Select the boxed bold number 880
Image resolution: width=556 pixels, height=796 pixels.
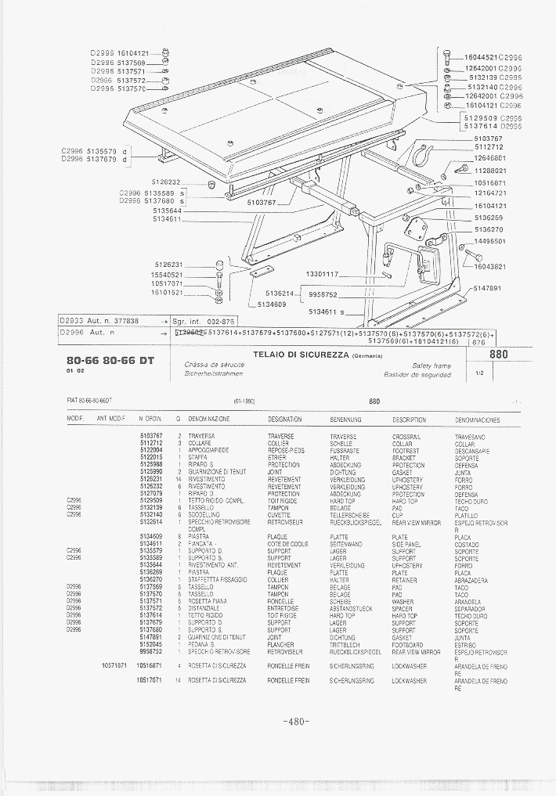click(498, 355)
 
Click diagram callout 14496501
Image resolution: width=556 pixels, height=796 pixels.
click(490, 242)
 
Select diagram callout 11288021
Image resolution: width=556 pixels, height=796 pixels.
click(490, 170)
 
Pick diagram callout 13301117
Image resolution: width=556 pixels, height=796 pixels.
click(321, 274)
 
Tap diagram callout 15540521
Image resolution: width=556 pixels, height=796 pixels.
click(167, 275)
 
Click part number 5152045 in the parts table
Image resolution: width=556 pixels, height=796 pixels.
click(150, 644)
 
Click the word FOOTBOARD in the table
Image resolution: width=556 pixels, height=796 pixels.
click(408, 644)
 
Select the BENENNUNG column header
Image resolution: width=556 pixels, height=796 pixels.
click(343, 420)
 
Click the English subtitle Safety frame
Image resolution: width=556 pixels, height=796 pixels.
click(431, 366)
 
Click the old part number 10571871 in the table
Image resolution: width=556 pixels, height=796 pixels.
click(114, 665)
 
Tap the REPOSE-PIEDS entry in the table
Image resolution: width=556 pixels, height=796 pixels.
click(284, 451)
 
